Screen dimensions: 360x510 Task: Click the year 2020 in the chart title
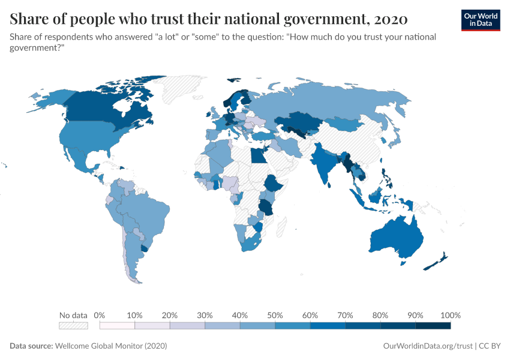(x=391, y=19)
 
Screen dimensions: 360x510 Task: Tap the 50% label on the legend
(x=275, y=315)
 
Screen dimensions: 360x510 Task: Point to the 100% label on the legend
(x=450, y=315)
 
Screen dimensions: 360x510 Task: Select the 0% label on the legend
(x=100, y=315)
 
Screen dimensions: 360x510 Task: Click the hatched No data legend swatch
(x=73, y=325)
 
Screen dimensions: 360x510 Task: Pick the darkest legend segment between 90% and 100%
(x=433, y=325)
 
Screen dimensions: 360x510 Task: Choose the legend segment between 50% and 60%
(x=292, y=325)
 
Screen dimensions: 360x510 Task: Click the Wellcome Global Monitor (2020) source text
(x=110, y=346)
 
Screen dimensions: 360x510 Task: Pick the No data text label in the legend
(x=73, y=315)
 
